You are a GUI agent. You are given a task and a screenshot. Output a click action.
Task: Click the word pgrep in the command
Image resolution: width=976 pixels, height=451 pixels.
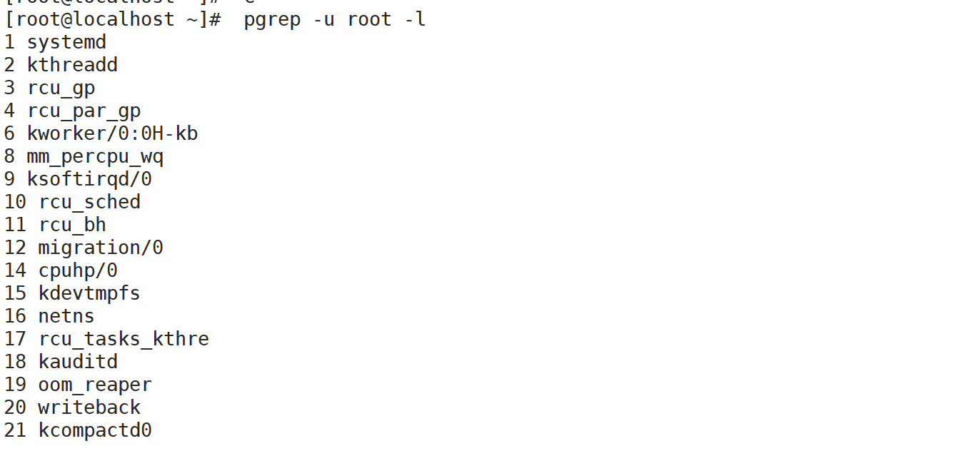point(272,19)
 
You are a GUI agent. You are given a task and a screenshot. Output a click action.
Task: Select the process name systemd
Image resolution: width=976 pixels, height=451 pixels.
point(66,42)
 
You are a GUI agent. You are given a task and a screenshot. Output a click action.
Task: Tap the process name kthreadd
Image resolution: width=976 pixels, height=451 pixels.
point(72,65)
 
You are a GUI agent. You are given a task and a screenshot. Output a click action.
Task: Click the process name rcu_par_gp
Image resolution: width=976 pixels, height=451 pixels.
point(84,111)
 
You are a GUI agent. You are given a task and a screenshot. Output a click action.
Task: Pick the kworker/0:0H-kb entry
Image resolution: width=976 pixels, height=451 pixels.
point(112,133)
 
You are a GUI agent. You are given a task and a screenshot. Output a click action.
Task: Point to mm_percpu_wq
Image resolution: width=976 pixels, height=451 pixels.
point(95,156)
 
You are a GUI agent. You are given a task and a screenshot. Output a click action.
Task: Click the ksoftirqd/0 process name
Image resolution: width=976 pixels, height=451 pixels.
point(89,179)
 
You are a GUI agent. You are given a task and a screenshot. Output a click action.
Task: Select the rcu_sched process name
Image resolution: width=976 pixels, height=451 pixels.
point(89,202)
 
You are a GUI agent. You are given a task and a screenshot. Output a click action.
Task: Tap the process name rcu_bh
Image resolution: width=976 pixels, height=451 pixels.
point(72,225)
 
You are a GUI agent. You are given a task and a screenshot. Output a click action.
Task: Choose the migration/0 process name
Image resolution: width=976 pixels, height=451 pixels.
point(101,248)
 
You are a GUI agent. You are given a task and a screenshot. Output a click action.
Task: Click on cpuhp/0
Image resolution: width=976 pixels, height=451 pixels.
point(78,270)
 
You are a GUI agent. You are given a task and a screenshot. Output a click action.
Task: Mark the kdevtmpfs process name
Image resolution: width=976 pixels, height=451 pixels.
point(89,293)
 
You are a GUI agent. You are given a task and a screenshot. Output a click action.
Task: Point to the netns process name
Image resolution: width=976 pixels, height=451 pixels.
point(66,316)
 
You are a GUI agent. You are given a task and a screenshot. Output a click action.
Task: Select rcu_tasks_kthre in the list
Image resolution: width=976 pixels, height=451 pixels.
point(124,339)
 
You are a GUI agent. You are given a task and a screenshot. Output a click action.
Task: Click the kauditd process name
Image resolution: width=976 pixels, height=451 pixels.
point(78,362)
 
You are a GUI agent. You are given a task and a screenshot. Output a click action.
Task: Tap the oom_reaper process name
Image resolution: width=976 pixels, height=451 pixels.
point(95,385)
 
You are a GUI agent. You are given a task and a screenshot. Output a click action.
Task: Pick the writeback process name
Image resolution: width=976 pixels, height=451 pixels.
point(89,407)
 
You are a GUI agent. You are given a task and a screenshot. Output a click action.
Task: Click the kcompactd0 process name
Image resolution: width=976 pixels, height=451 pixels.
point(95,430)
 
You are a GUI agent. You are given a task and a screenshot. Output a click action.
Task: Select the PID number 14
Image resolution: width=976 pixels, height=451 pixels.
point(15,270)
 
